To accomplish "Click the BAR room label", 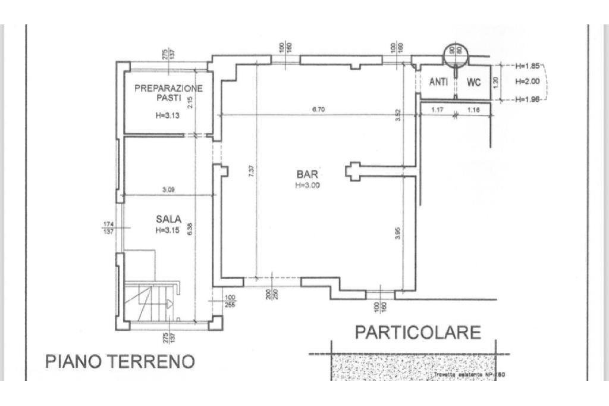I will pyautogui.click(x=307, y=174).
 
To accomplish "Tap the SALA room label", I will pyautogui.click(x=168, y=219).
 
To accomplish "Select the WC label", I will pyautogui.click(x=473, y=82).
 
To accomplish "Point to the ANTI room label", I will pyautogui.click(x=438, y=82).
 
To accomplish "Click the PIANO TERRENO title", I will pyautogui.click(x=120, y=361).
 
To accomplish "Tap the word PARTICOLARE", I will pyautogui.click(x=417, y=332).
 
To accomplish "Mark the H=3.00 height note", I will pyautogui.click(x=307, y=185).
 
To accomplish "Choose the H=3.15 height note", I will pyautogui.click(x=168, y=230).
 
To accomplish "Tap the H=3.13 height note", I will pyautogui.click(x=167, y=116).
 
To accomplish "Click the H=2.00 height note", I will pyautogui.click(x=527, y=82).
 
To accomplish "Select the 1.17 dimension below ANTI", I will pyautogui.click(x=438, y=110).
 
